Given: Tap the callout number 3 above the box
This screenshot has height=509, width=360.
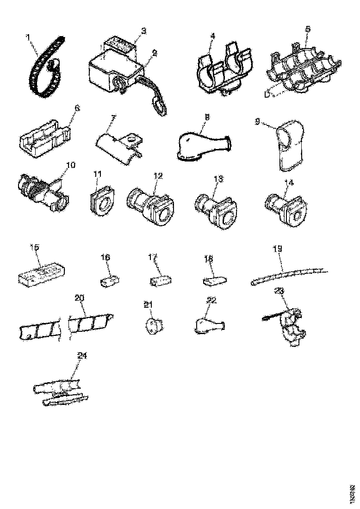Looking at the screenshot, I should point(144,31).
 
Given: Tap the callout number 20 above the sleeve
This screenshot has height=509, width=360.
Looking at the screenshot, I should point(79,298).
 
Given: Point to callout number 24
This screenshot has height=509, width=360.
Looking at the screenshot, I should point(82,355).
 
